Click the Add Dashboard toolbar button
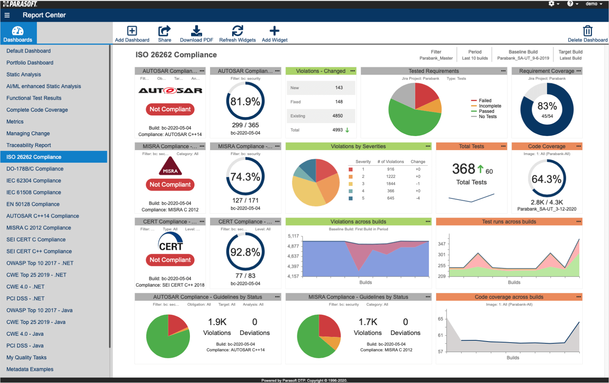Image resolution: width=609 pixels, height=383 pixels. (132, 34)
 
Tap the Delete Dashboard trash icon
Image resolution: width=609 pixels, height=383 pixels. (587, 31)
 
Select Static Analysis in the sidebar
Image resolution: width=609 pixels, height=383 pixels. (24, 75)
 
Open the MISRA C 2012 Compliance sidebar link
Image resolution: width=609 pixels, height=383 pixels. (38, 228)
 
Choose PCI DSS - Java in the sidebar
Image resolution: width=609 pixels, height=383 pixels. (25, 346)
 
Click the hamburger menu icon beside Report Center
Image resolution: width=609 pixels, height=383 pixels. (7, 15)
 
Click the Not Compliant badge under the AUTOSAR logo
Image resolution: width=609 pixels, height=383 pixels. (170, 109)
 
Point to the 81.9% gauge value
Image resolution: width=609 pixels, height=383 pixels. (245, 101)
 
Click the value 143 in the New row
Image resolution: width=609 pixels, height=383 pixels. (339, 88)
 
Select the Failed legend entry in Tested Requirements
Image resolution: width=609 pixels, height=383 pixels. (485, 101)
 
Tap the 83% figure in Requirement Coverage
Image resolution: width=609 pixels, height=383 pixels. (547, 106)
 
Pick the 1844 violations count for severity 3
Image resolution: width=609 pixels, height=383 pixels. (391, 184)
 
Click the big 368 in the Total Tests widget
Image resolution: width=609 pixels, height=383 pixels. (463, 169)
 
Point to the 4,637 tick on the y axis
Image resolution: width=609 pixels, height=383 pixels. (293, 256)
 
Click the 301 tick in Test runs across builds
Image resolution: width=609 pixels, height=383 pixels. (442, 255)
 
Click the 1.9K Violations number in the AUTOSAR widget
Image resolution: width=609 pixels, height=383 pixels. (217, 322)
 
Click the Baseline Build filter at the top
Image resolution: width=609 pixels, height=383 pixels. (523, 55)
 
